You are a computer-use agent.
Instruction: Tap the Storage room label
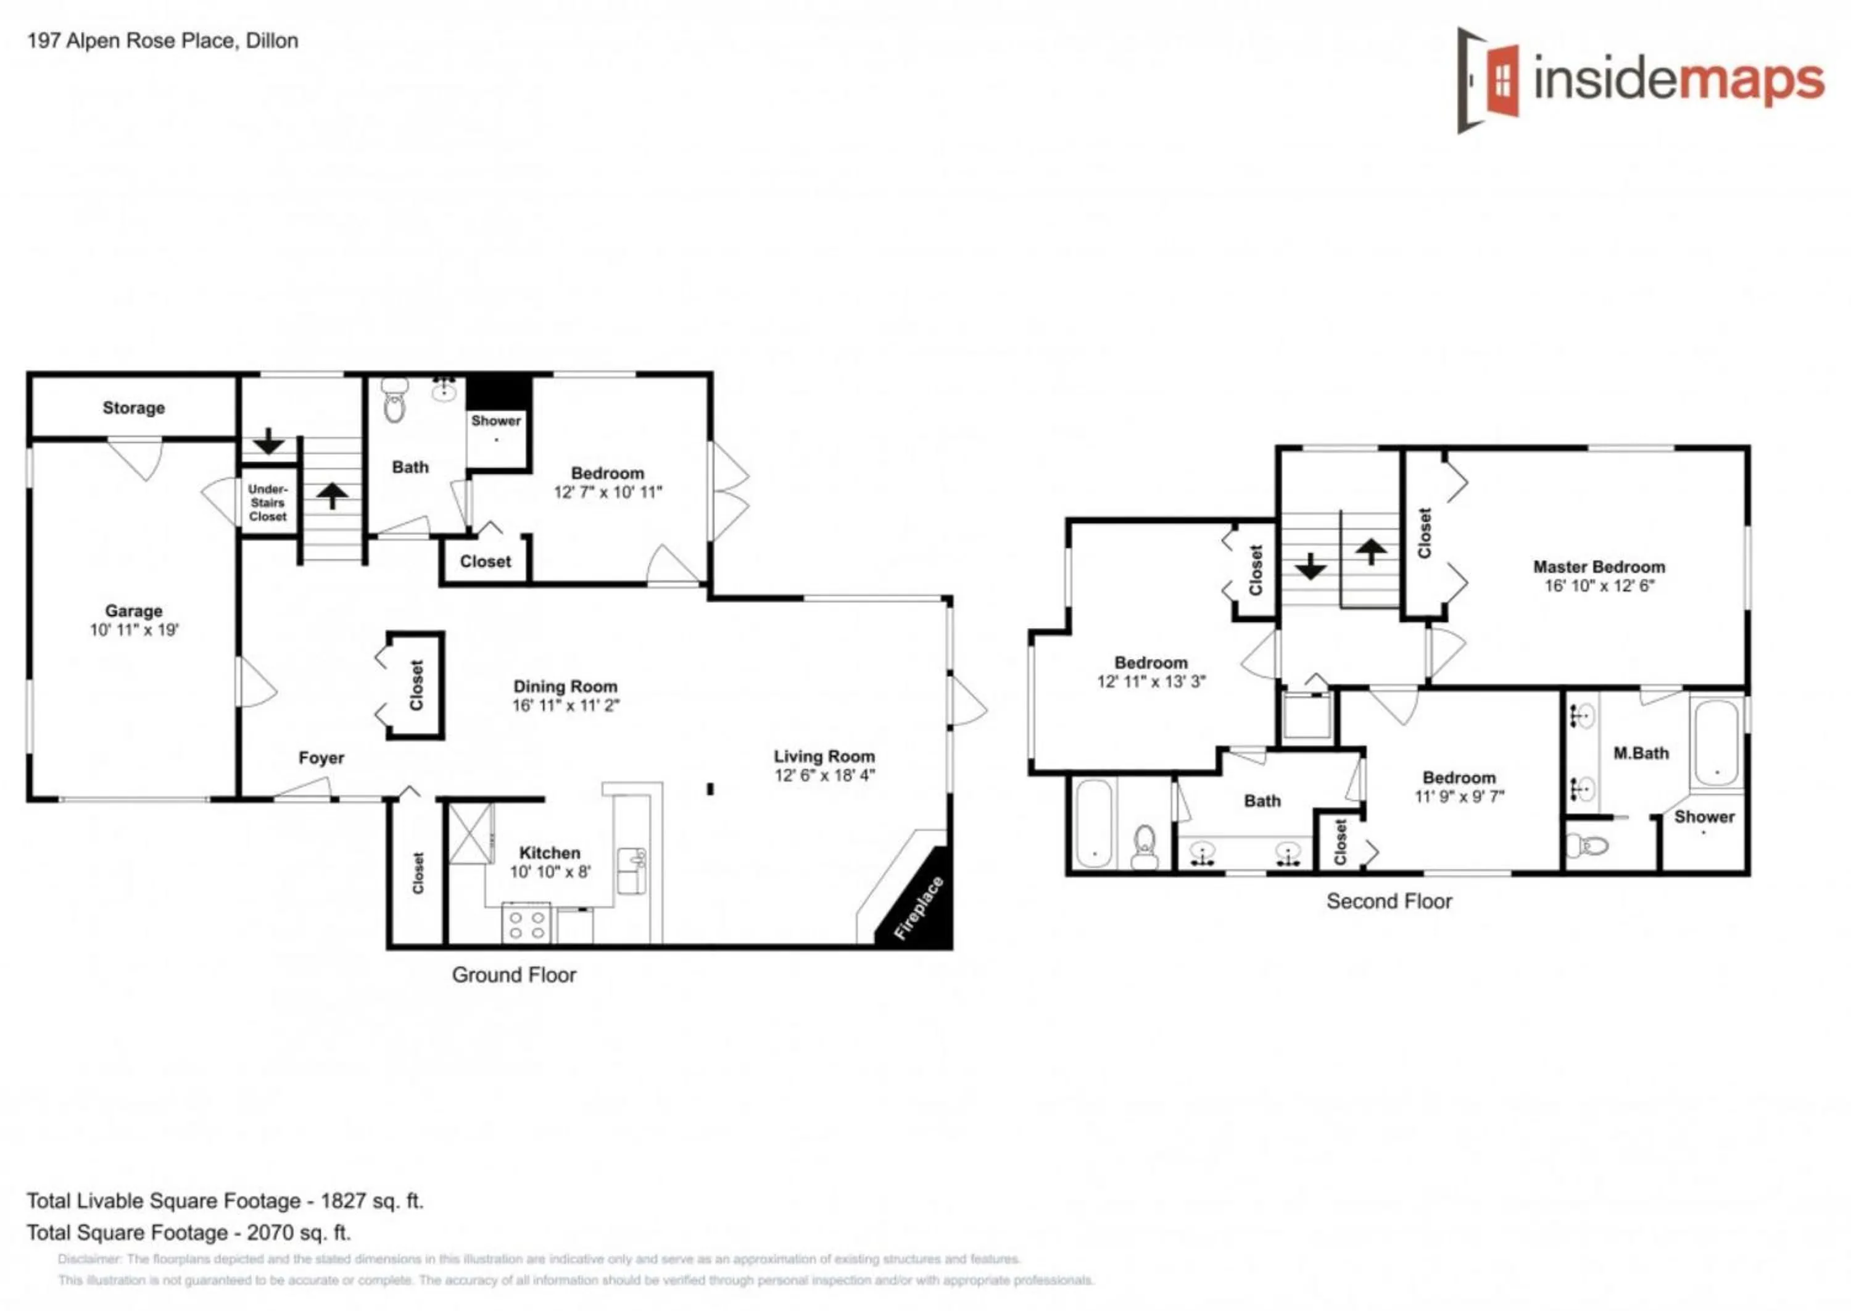tap(133, 407)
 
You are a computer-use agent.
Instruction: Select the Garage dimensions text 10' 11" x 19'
tap(134, 630)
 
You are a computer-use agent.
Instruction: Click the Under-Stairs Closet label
tap(267, 502)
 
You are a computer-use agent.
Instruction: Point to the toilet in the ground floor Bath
tap(393, 402)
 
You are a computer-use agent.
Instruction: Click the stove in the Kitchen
tap(526, 923)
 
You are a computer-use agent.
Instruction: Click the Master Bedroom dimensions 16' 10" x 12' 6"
tap(1599, 586)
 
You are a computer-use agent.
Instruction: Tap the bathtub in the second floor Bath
tap(1094, 823)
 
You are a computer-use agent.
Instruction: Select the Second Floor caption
tap(1389, 901)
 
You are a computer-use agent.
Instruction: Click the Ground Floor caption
tap(513, 975)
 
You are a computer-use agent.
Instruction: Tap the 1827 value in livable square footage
tap(343, 1201)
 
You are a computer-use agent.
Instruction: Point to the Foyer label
tap(320, 757)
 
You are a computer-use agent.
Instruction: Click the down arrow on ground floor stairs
tap(268, 441)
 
